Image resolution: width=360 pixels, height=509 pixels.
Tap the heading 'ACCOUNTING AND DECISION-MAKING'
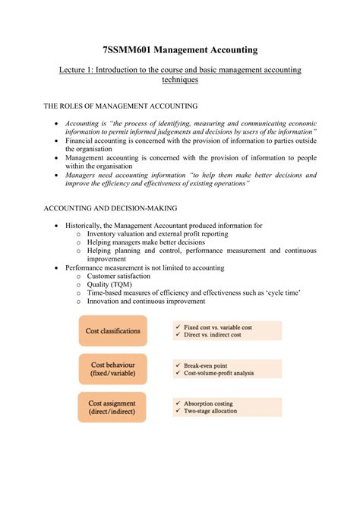coord(110,207)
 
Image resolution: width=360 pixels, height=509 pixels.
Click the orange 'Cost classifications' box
coord(112,330)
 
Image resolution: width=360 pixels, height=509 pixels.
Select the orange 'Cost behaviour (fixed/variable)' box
coord(112,368)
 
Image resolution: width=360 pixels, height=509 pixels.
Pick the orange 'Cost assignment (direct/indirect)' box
coord(112,407)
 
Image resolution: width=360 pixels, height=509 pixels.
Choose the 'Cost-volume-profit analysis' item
coord(219,373)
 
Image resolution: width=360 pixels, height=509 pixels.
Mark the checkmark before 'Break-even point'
coord(177,365)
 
